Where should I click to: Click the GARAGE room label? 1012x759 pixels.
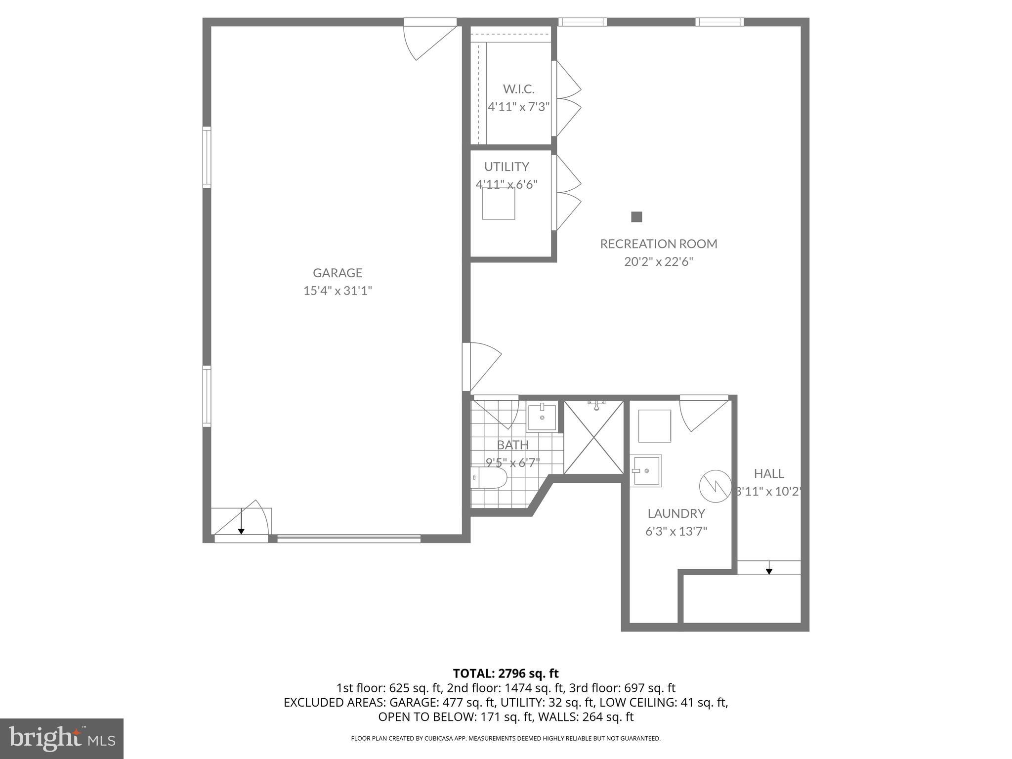(337, 273)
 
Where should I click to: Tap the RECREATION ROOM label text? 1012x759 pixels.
(658, 244)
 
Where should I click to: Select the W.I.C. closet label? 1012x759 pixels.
(518, 89)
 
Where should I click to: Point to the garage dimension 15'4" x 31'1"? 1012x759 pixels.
(337, 291)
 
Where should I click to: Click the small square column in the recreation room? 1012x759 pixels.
(636, 216)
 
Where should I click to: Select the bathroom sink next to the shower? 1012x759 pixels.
(542, 418)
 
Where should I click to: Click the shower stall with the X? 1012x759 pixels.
(593, 437)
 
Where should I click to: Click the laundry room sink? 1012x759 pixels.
(646, 470)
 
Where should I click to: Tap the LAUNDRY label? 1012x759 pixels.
(676, 513)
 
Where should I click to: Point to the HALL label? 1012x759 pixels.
(768, 473)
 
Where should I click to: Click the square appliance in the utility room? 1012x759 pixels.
(499, 203)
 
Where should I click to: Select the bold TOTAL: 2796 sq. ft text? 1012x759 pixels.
(506, 673)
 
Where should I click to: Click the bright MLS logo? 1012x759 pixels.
(61, 738)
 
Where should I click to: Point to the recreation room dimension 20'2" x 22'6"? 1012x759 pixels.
(658, 261)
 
